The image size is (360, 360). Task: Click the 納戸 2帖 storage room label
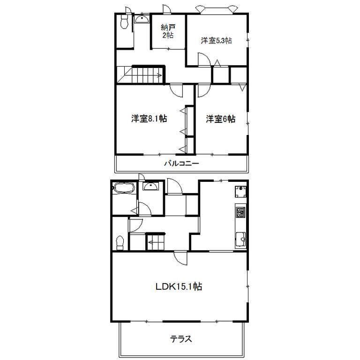168,31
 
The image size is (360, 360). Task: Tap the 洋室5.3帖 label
216,41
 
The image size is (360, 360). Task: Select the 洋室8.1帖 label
149,119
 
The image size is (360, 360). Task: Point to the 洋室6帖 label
220,119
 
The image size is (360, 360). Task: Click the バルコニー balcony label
181,164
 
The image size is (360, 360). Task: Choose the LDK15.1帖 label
179,286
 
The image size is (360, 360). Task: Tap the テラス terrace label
181,339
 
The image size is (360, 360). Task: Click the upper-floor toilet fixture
124,22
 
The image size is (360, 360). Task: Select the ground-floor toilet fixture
120,243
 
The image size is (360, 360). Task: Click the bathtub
124,188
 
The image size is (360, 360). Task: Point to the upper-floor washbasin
142,19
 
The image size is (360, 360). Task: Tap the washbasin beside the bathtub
150,186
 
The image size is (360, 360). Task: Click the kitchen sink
240,240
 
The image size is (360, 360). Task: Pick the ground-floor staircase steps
156,242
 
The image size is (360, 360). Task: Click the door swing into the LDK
180,259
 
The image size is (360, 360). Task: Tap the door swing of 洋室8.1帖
176,90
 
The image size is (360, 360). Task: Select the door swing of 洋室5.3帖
204,59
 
